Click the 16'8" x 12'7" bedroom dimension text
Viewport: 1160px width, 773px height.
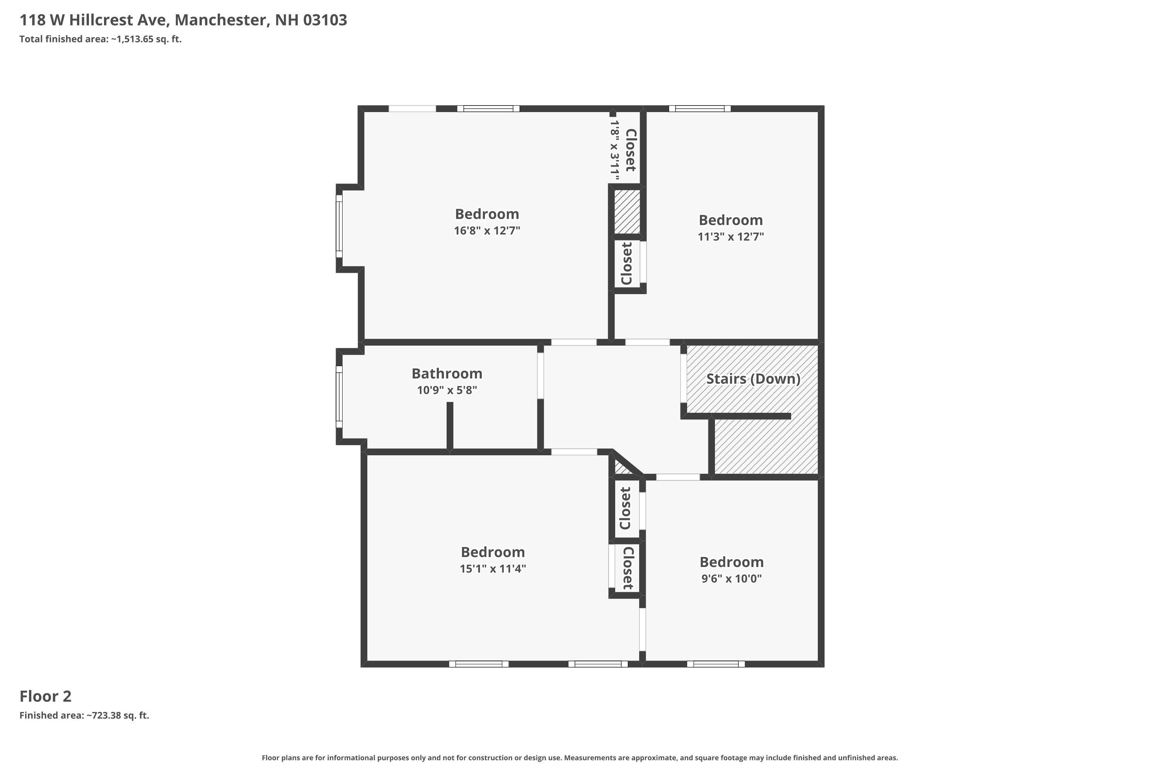tap(487, 231)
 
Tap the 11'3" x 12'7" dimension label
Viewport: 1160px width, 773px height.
tap(730, 237)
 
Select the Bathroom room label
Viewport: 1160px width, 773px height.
tap(447, 374)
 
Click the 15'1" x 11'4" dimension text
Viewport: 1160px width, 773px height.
tap(493, 569)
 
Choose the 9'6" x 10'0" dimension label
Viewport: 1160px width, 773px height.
tap(732, 578)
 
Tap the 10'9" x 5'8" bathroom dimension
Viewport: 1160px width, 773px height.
tap(447, 390)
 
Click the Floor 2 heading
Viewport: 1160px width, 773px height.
tap(45, 696)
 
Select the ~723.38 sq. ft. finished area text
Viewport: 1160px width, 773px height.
tap(118, 715)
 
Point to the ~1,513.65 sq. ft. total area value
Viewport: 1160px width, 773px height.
tap(146, 39)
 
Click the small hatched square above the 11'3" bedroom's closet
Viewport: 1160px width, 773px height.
tap(627, 212)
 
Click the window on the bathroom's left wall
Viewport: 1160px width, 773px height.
tap(339, 397)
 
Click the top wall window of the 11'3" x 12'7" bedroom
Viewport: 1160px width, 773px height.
tap(699, 109)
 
